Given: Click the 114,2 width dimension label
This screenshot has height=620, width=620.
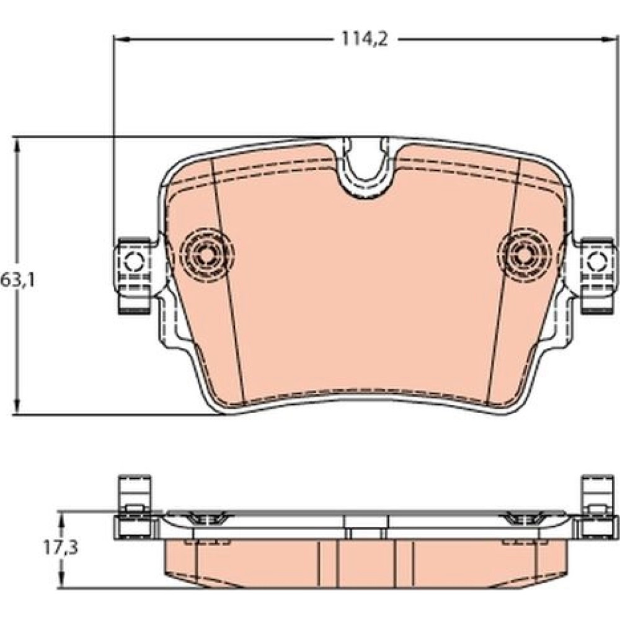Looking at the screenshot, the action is click(365, 40).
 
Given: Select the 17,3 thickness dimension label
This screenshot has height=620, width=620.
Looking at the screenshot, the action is click(61, 548).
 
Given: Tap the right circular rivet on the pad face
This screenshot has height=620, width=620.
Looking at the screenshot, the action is click(524, 255).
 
